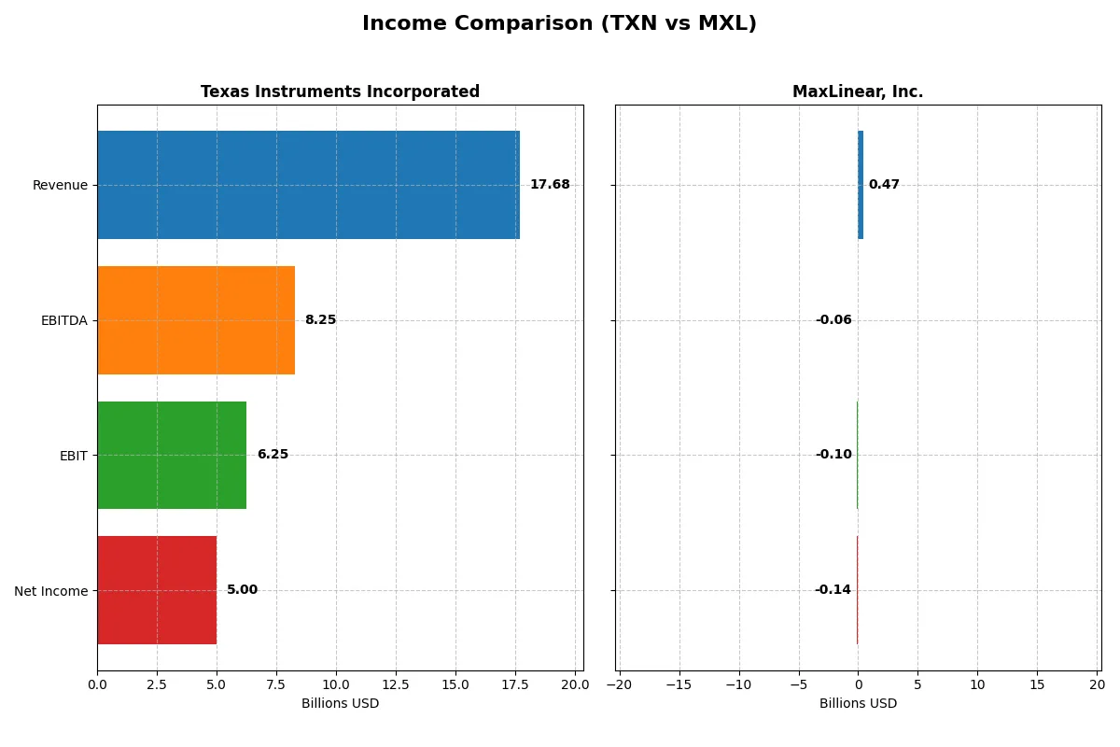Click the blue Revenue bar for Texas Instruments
pos(308,185)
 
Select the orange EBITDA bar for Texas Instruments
pos(196,320)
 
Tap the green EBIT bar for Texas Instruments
pos(172,455)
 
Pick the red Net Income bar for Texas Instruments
pos(157,590)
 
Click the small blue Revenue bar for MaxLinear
pos(861,185)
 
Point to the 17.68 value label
pos(550,185)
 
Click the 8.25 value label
pos(320,320)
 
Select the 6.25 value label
pos(273,455)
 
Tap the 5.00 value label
pos(242,590)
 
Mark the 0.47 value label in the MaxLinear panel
pos(884,185)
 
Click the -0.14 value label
pos(833,590)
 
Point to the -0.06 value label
pos(833,320)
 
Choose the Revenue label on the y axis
pos(60,185)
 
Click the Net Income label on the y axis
pos(51,591)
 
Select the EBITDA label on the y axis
pos(64,320)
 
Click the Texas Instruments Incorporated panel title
pos(340,92)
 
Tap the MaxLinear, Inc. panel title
pos(858,92)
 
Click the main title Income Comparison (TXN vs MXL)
pos(559,24)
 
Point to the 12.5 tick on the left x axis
pos(396,684)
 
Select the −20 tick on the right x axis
pos(619,684)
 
